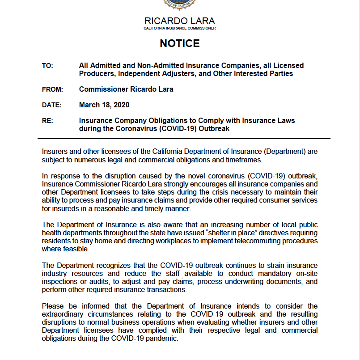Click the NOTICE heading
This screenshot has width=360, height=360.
180,43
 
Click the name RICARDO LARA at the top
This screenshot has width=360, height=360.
180,21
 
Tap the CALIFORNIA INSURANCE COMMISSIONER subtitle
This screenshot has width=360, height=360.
180,28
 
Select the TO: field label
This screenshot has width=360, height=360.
47,66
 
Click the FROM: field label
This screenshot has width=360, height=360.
52,89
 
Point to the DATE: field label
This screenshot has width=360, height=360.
51,105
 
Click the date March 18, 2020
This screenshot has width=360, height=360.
104,105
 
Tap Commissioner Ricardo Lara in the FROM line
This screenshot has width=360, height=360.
126,89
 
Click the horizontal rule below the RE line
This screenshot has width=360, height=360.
186,139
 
